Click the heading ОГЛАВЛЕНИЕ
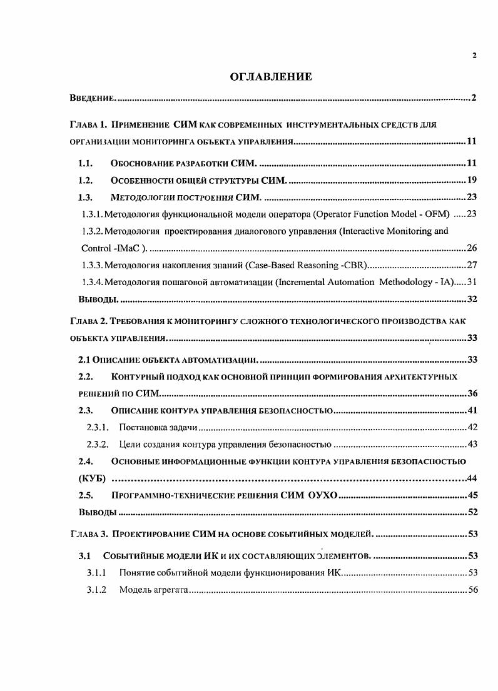pyautogui.click(x=271, y=77)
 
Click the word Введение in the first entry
pyautogui.click(x=92, y=99)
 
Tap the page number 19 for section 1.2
pyautogui.click(x=472, y=181)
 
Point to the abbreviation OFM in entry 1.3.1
pyautogui.click(x=437, y=214)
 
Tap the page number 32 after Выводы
pyautogui.click(x=472, y=300)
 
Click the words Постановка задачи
pyautogui.click(x=158, y=428)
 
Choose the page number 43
pyautogui.click(x=472, y=445)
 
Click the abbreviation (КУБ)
pyautogui.click(x=91, y=479)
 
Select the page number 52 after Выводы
pyautogui.click(x=472, y=513)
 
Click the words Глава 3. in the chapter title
pyautogui.click(x=88, y=535)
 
